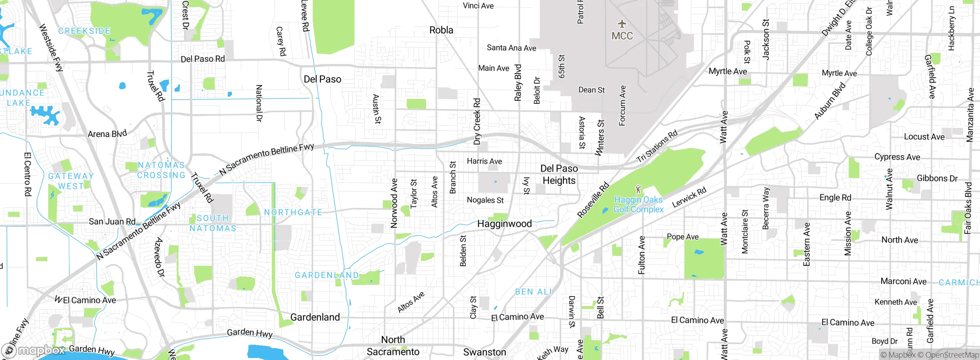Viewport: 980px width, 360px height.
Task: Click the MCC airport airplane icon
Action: (622, 24)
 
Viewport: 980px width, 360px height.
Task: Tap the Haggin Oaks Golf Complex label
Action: (638, 205)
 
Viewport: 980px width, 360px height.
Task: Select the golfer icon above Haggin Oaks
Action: (638, 189)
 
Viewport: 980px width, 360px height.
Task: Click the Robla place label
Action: (441, 30)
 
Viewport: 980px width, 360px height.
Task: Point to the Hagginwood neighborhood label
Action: (504, 224)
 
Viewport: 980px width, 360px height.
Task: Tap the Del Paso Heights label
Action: (559, 175)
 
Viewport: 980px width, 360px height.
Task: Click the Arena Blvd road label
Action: (107, 134)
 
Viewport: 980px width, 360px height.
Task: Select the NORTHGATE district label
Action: (293, 213)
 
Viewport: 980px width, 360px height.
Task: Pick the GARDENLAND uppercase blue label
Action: (327, 275)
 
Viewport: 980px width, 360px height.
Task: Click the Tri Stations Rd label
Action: (657, 146)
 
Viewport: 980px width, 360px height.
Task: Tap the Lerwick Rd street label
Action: (689, 198)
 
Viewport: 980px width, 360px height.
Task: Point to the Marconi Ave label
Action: (903, 281)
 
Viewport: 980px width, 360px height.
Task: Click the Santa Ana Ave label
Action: (511, 48)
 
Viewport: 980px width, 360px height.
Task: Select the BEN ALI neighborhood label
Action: (533, 292)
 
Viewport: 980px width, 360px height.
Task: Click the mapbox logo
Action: (34, 350)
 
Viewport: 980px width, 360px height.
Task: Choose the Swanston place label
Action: (485, 352)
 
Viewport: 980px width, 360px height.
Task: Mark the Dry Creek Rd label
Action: (477, 121)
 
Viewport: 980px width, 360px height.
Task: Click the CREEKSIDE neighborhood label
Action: (84, 31)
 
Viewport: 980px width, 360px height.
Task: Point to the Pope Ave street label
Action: (683, 237)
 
